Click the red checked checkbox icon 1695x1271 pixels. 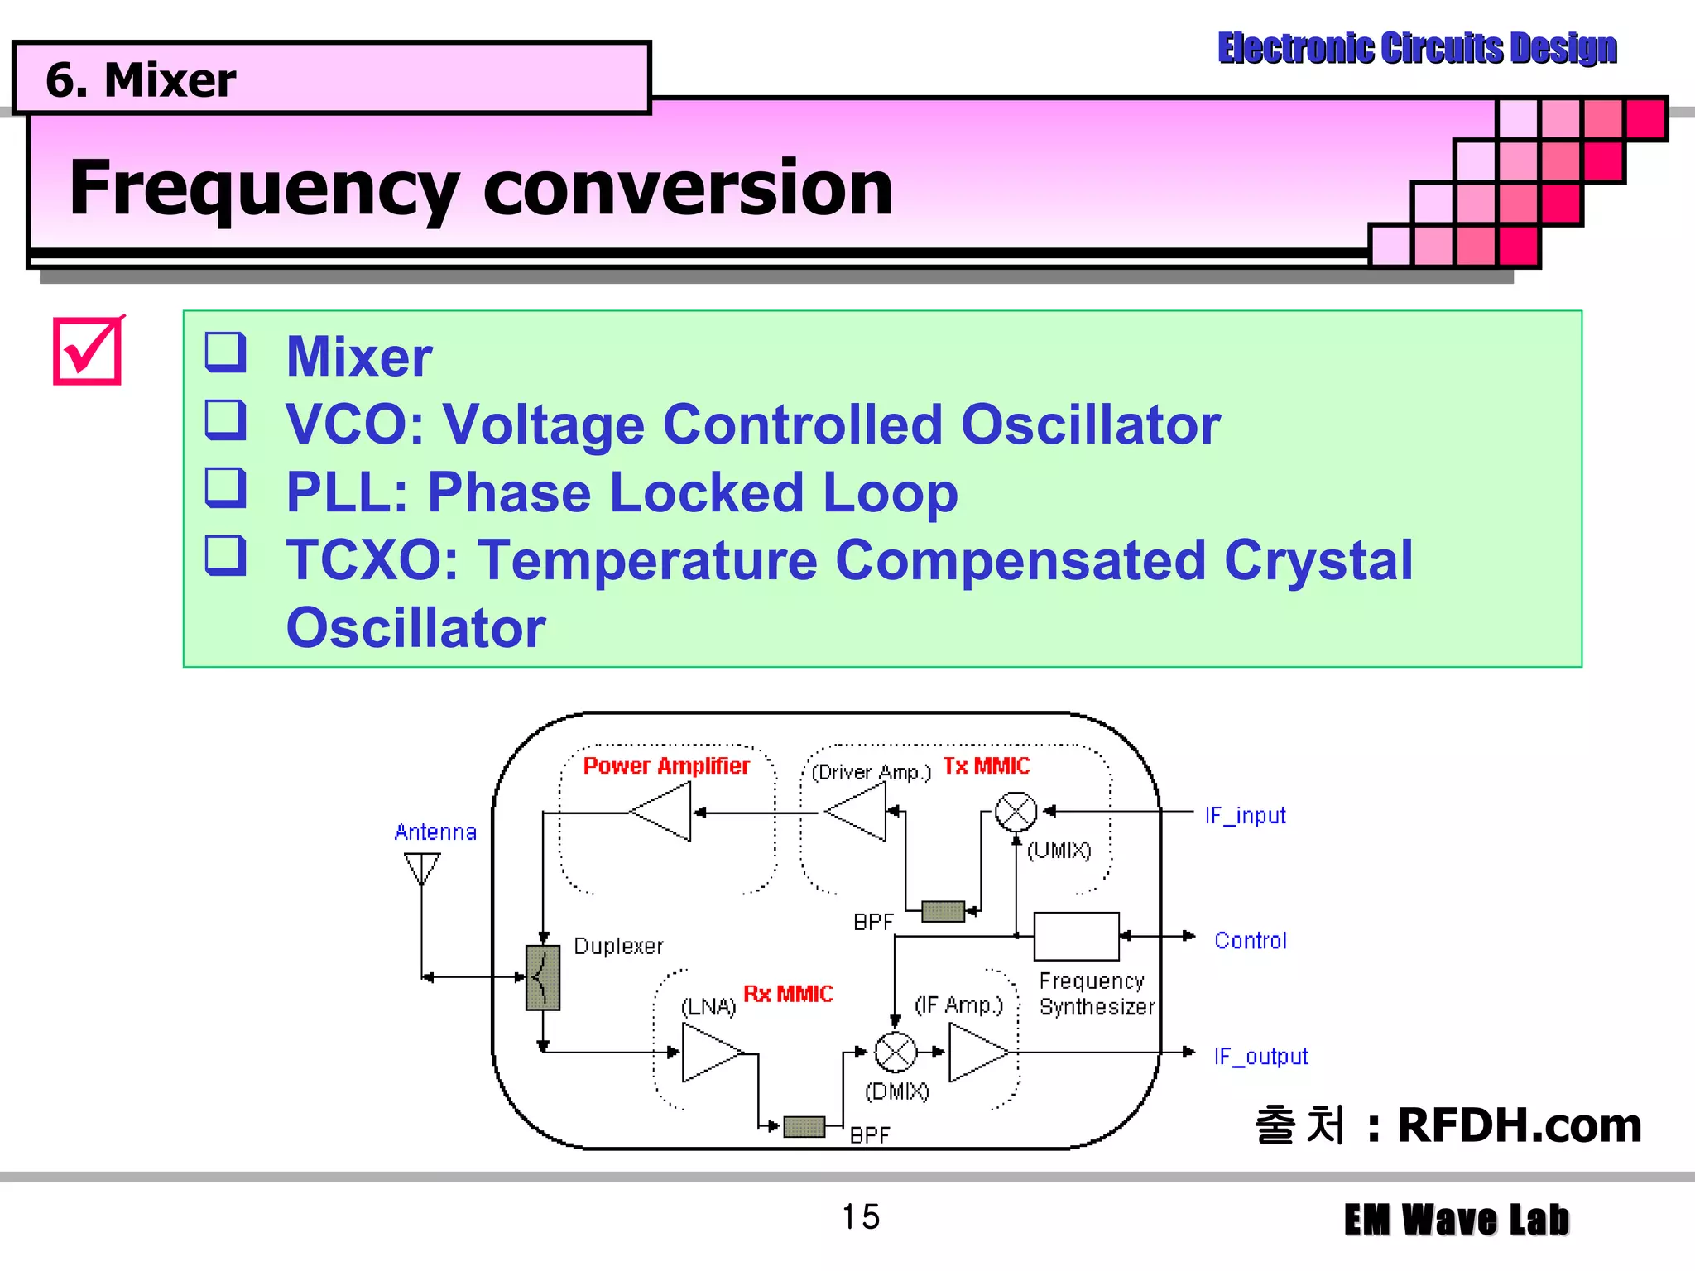point(88,351)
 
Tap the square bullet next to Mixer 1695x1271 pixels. point(225,353)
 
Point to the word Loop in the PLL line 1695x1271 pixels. point(890,493)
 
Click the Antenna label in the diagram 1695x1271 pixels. point(435,832)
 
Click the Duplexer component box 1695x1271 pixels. point(543,978)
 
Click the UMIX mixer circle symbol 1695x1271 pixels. point(1016,812)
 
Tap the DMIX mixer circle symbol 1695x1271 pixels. point(896,1053)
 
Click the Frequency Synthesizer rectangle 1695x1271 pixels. point(1076,937)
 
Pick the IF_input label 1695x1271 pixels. point(1245,816)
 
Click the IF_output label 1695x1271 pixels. point(1260,1057)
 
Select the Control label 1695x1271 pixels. point(1250,941)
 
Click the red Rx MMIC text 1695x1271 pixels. point(788,994)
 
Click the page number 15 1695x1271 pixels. point(861,1217)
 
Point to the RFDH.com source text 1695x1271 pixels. point(1519,1125)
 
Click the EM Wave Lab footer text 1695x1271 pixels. point(1456,1220)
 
